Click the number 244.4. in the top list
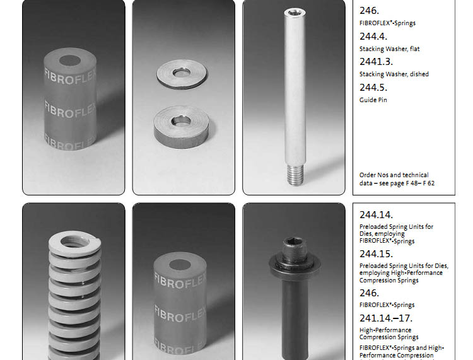373,37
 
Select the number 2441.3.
376,62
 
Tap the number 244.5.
373,88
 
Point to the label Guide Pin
373,100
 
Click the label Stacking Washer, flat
390,49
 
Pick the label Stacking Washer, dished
394,74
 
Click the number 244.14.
376,215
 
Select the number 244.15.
376,254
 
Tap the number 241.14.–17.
386,318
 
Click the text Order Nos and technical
394,175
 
